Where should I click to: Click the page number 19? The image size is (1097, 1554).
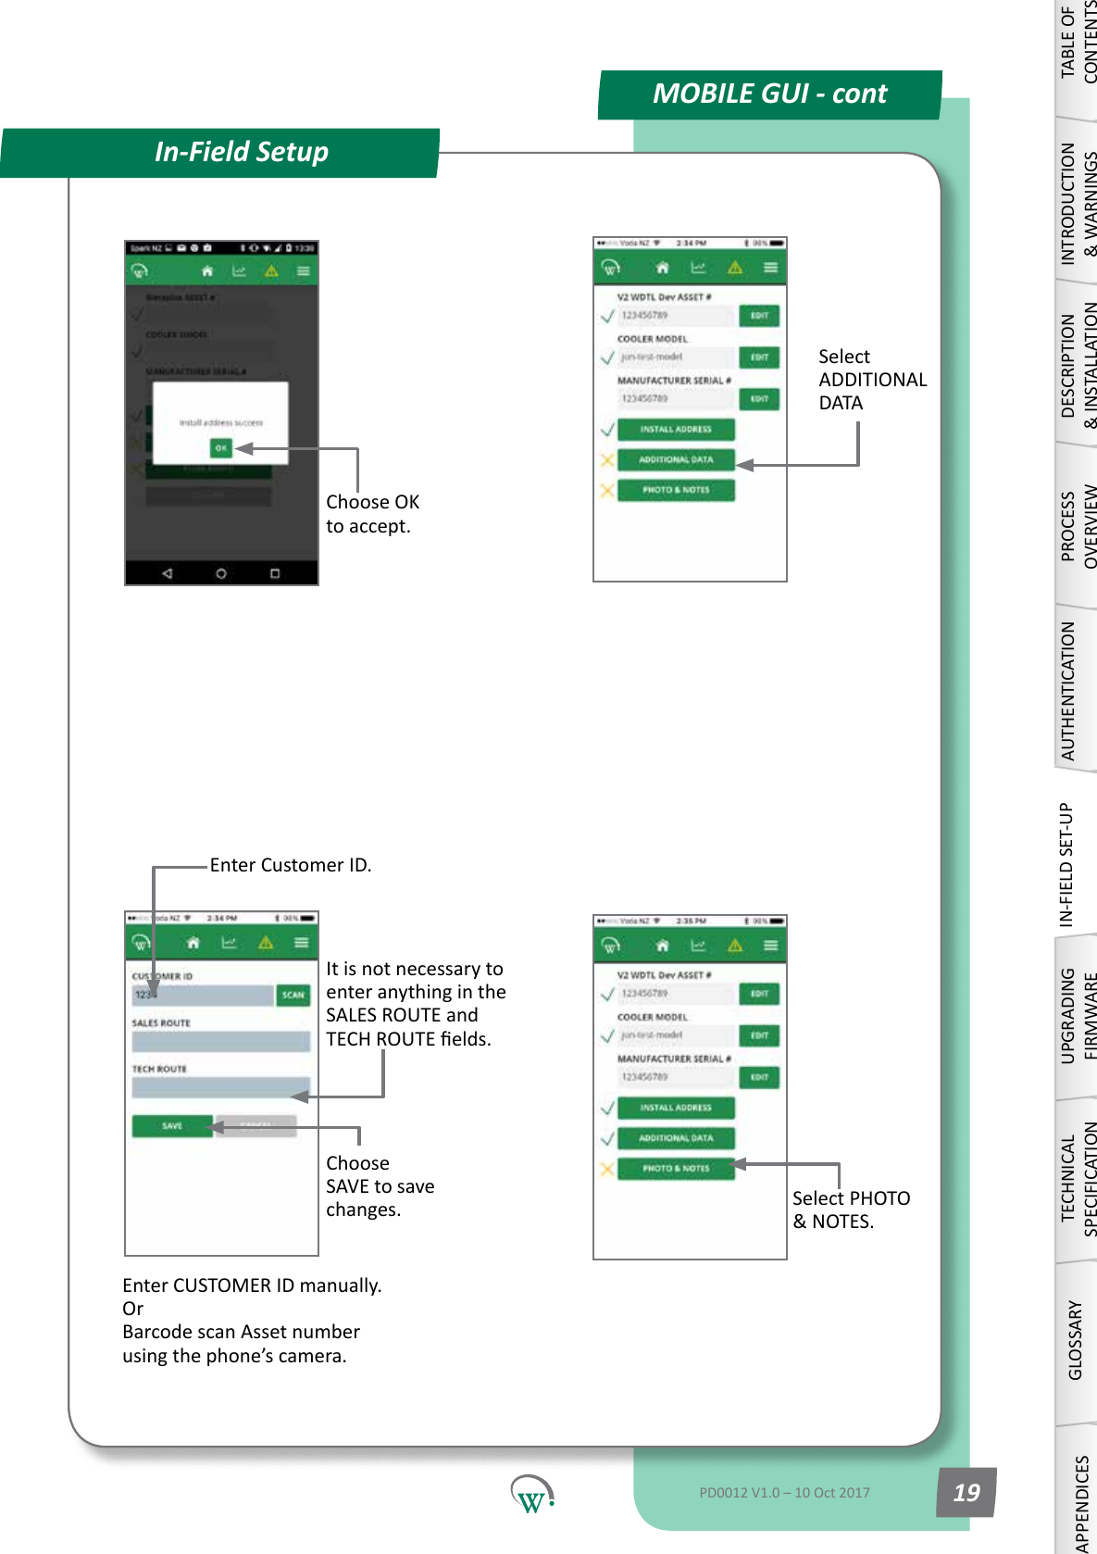tap(966, 1492)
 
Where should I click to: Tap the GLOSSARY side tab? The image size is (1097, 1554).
tap(1075, 1339)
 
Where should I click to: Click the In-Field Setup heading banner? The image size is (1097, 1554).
tap(241, 152)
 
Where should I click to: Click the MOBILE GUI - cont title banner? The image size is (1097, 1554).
tap(769, 94)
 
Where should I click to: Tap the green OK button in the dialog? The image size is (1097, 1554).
tap(220, 447)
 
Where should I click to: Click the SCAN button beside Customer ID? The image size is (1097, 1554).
tap(293, 995)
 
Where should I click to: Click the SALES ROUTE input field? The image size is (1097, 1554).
tap(220, 1041)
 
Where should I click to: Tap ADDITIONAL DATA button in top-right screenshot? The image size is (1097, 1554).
tap(676, 459)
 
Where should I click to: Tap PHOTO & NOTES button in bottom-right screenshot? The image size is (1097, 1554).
tap(676, 1168)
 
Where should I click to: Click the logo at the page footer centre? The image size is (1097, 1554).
tap(531, 1494)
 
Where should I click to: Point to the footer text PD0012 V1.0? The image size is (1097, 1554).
tap(784, 1492)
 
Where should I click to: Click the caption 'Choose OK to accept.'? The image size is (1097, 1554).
tap(372, 514)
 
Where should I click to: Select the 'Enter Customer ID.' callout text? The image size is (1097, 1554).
tap(290, 865)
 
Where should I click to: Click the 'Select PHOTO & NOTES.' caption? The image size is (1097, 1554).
tap(850, 1209)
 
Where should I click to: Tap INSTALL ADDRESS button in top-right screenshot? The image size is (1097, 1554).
tap(676, 430)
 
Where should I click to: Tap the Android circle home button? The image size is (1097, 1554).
tap(221, 573)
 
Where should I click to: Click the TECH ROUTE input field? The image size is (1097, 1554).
tap(220, 1086)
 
